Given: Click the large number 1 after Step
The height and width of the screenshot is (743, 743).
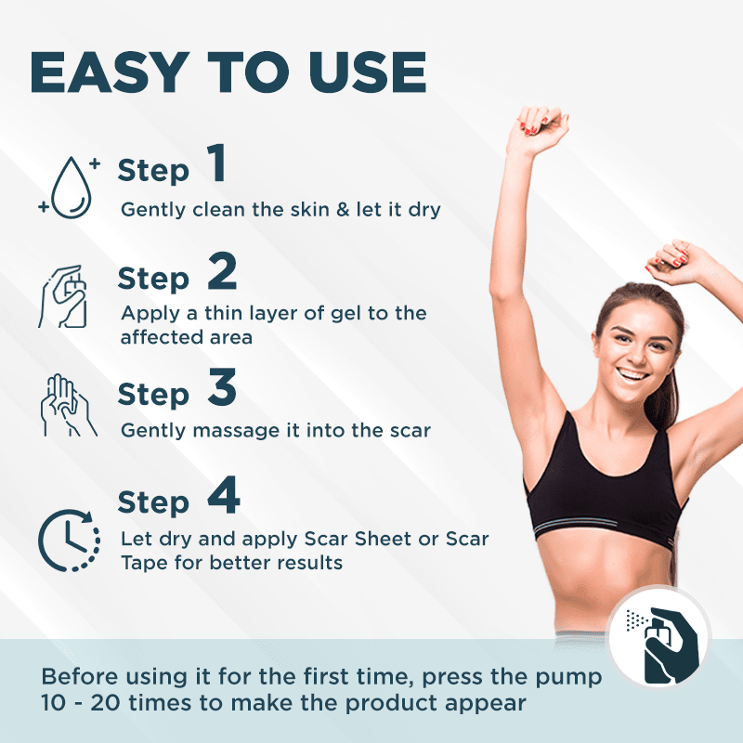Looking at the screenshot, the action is point(217,163).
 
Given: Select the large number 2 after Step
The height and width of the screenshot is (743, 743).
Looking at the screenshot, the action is point(222,270).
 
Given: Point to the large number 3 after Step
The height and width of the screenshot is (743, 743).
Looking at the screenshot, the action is point(222,387).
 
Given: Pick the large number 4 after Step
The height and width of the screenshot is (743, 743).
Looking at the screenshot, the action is point(224,495).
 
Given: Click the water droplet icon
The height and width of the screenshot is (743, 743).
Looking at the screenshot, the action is point(71,188).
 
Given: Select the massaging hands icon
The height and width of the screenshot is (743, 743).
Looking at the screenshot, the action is point(68,405).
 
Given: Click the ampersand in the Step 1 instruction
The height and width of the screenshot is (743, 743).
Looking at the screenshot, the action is point(343,210).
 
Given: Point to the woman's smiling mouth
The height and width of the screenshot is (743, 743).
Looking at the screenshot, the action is point(632,374).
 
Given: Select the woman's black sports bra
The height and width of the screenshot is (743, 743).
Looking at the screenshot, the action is point(605,493).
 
